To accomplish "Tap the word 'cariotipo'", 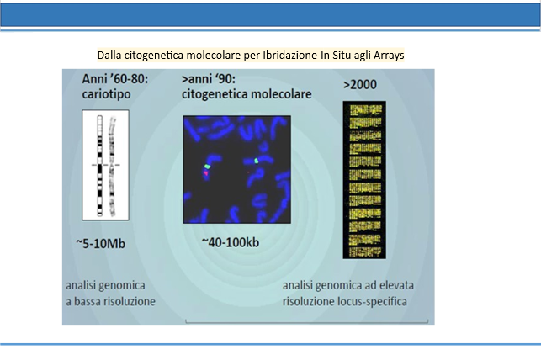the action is [x=106, y=94].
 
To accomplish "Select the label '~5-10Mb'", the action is [x=100, y=243].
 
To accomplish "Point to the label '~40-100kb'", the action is [x=231, y=242].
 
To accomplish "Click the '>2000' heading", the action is [x=360, y=85].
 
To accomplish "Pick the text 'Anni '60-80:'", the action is [x=115, y=79].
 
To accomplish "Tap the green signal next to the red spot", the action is [x=207, y=167].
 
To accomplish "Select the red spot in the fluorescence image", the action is [x=205, y=173].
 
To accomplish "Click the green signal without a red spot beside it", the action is [x=257, y=161].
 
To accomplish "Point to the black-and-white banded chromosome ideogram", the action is [x=100, y=166].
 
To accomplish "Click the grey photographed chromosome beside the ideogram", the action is [x=112, y=167].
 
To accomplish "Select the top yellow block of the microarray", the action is [x=365, y=110].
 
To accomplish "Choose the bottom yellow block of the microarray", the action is [x=365, y=252].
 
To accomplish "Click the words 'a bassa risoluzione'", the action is [x=110, y=301].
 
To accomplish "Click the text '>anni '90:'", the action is [x=209, y=79].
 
